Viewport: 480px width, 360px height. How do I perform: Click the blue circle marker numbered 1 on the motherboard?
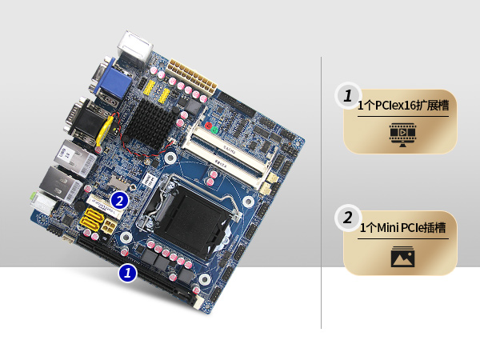[x=128, y=273]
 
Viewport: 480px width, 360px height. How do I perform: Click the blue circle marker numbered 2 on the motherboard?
[x=119, y=201]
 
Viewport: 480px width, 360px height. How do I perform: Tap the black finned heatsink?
[x=150, y=122]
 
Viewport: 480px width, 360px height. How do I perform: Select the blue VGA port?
[x=113, y=82]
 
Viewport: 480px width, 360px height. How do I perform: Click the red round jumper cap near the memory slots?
[x=209, y=126]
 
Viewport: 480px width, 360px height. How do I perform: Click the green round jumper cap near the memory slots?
[x=214, y=130]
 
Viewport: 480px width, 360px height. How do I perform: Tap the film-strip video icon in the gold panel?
[x=402, y=134]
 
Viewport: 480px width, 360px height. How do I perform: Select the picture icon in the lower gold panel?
[x=403, y=257]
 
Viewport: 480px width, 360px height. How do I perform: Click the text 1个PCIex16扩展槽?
[x=403, y=106]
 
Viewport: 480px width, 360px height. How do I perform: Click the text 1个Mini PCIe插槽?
[x=402, y=228]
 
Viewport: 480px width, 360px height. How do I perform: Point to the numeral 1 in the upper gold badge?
[x=348, y=96]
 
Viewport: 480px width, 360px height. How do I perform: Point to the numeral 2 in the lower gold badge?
[x=348, y=218]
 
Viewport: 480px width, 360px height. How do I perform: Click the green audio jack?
[x=33, y=196]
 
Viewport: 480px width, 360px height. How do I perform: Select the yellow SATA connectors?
[x=91, y=220]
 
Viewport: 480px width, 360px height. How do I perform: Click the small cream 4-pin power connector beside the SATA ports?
[x=109, y=226]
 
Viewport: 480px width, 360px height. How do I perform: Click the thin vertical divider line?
[x=321, y=193]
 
